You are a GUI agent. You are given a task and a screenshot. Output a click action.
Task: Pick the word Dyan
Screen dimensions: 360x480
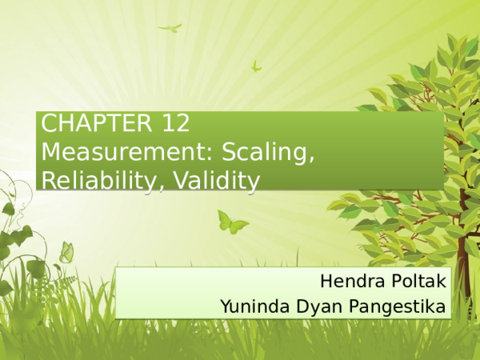pyautogui.click(x=318, y=305)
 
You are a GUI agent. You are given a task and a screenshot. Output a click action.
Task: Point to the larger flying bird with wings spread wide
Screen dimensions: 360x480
pyautogui.click(x=170, y=28)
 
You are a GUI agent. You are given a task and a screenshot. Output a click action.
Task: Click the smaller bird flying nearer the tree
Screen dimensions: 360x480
pyautogui.click(x=257, y=66)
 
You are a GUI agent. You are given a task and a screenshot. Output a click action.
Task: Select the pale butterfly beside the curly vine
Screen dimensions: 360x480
pyautogui.click(x=66, y=253)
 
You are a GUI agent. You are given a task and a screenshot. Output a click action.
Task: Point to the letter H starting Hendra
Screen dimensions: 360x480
pyautogui.click(x=326, y=282)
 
